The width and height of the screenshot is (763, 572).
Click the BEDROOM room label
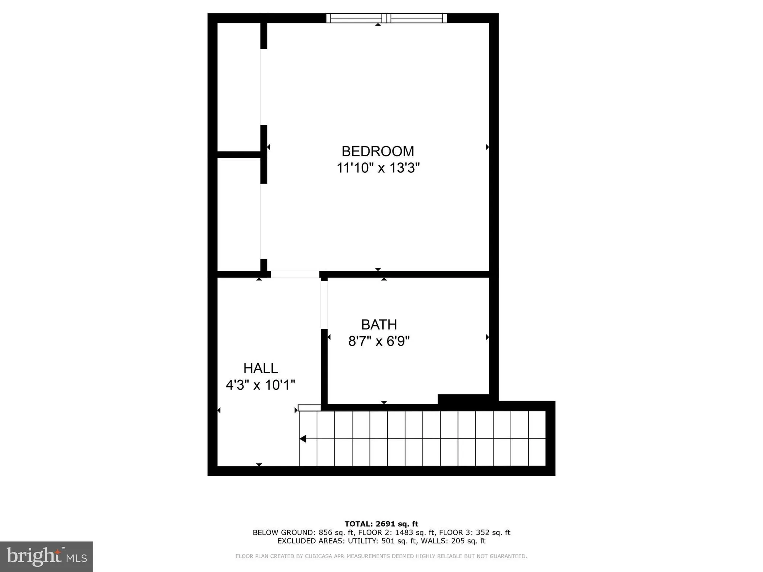[x=378, y=151]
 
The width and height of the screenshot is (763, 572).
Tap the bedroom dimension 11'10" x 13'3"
[x=378, y=168]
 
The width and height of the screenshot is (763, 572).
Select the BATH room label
[x=379, y=325]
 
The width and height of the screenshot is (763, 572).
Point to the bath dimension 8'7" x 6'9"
[x=379, y=341]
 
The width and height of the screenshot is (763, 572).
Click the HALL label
[x=261, y=368]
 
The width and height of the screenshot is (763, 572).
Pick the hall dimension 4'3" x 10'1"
[x=261, y=385]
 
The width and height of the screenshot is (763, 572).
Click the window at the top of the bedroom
[x=386, y=18]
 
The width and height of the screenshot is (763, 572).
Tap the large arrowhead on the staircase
[x=303, y=439]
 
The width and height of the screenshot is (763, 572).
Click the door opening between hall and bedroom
[x=295, y=274]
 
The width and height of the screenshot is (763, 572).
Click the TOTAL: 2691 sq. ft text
[x=381, y=524]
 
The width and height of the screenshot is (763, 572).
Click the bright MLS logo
[x=47, y=556]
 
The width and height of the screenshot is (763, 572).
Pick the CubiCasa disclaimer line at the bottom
[x=381, y=556]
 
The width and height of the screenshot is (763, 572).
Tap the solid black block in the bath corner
[x=463, y=399]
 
